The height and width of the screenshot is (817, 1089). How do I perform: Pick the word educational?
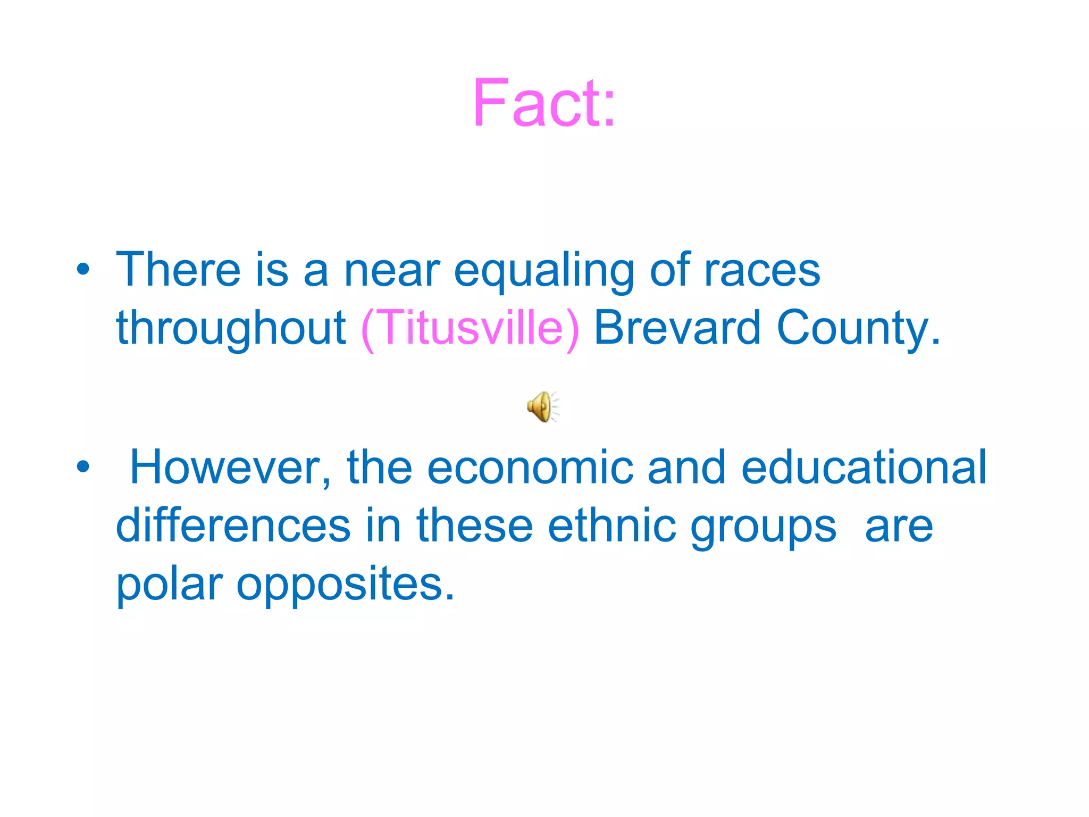[864, 467]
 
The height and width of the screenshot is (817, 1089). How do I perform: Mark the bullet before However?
[83, 467]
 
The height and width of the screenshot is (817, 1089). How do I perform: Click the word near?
[392, 270]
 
